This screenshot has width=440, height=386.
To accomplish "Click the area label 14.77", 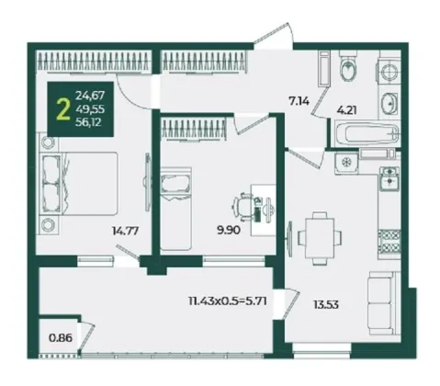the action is (x=125, y=231).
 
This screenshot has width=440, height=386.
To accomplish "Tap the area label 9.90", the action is (x=229, y=230).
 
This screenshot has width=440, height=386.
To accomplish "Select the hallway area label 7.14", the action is (x=299, y=100).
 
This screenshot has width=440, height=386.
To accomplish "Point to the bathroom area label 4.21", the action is (x=346, y=110).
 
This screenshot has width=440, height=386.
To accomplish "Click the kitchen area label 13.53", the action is (x=326, y=305).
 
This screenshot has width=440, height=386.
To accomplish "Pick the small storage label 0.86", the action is (x=61, y=338).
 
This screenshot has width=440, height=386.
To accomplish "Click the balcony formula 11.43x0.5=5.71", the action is (x=228, y=301).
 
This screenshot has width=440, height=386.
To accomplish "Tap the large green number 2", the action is (x=63, y=110).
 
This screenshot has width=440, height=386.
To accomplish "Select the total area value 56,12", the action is (x=88, y=122).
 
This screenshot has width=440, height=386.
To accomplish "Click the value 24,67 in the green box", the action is (x=90, y=96).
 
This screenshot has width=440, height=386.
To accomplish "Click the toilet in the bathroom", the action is (x=348, y=66).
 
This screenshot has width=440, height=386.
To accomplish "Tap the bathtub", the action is (x=367, y=134).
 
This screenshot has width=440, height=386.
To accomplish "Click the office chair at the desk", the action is (x=243, y=207).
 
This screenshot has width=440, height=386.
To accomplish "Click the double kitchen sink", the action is (x=389, y=178).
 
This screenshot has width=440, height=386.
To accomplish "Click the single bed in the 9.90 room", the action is (x=176, y=209).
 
